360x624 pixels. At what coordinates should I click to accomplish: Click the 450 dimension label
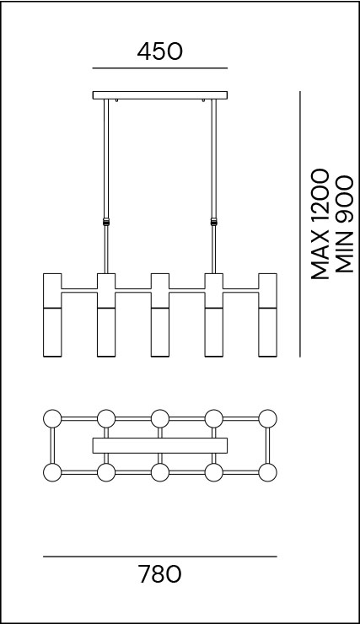pyautogui.click(x=160, y=51)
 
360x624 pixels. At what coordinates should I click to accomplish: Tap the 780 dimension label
pyautogui.click(x=160, y=574)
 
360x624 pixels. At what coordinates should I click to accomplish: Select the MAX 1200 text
pyautogui.click(x=320, y=224)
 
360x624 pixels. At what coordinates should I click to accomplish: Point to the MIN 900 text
pyautogui.click(x=345, y=224)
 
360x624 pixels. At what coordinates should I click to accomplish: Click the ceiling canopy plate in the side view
pyautogui.click(x=160, y=95)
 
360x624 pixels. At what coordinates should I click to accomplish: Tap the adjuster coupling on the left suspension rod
pyautogui.click(x=106, y=222)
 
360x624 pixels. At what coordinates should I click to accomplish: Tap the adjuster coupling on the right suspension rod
pyautogui.click(x=214, y=222)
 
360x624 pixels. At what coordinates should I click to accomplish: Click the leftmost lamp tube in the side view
pyautogui.click(x=52, y=315)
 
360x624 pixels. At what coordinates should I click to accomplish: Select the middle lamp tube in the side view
pyautogui.click(x=160, y=315)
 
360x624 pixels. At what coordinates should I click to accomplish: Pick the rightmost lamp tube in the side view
pyautogui.click(x=268, y=315)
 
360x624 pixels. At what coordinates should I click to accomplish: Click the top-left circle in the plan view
pyautogui.click(x=52, y=418)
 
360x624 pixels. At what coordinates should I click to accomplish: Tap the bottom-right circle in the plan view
pyautogui.click(x=268, y=473)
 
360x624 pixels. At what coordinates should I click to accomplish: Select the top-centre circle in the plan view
pyautogui.click(x=160, y=418)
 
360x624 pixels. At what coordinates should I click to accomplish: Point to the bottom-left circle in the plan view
pyautogui.click(x=52, y=473)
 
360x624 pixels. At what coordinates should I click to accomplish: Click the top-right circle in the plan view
pyautogui.click(x=268, y=418)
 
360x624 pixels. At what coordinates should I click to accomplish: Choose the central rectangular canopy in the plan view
pyautogui.click(x=160, y=446)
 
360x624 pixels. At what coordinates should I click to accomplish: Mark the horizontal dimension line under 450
pyautogui.click(x=160, y=68)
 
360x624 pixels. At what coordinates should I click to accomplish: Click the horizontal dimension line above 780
pyautogui.click(x=160, y=557)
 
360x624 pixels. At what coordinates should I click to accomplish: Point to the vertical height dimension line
pyautogui.click(x=300, y=224)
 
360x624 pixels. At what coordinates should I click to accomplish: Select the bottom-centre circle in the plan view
pyautogui.click(x=160, y=473)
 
